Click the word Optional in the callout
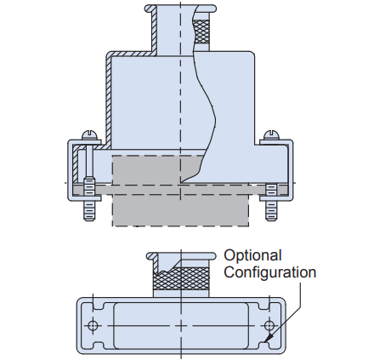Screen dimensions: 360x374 (x=252, y=255)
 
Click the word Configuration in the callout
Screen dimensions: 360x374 (x=269, y=272)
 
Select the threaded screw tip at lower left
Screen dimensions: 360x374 (x=88, y=209)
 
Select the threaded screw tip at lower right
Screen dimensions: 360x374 (x=271, y=209)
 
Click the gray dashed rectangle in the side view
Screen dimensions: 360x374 (x=180, y=204)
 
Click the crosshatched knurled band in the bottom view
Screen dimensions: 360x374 (x=180, y=277)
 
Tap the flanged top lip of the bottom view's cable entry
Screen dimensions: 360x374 (x=180, y=254)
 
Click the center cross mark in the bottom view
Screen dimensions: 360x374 (x=180, y=326)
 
